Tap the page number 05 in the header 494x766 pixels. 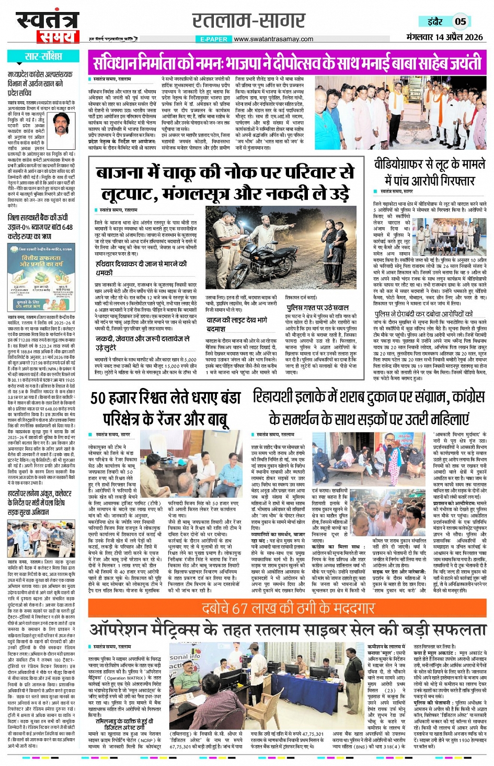460,21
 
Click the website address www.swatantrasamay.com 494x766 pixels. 273,39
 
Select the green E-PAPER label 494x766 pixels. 213,39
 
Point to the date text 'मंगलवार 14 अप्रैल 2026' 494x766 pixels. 444,37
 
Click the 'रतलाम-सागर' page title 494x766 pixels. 249,20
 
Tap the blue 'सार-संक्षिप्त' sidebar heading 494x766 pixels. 43,56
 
